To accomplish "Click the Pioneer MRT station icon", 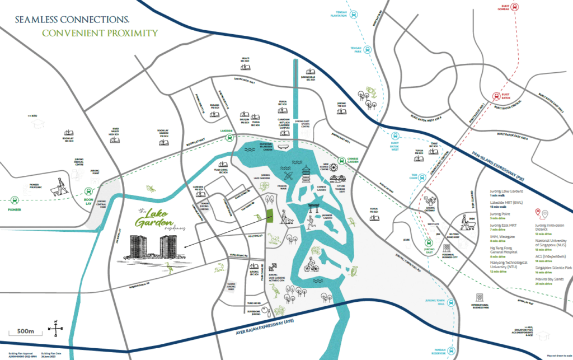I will pyautogui.click(x=13, y=198).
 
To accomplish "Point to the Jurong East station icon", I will pyautogui.click(x=429, y=244).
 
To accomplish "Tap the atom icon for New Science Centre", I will pyautogui.click(x=333, y=167).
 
